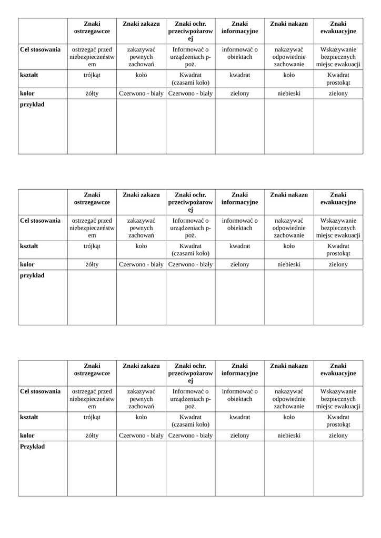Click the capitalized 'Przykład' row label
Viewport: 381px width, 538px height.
[x=33, y=447]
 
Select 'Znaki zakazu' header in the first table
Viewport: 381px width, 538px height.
[x=141, y=24]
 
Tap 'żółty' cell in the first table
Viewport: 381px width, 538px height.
[x=92, y=94]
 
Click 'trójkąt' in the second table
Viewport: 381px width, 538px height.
[x=92, y=246]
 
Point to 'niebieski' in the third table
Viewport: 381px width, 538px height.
[x=289, y=436]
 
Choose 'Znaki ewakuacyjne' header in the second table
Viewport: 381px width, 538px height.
[x=338, y=199]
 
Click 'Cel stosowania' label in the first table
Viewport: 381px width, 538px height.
[x=40, y=50]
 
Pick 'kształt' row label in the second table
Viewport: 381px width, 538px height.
[x=29, y=246]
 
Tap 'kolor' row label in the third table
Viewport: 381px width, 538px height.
[x=27, y=436]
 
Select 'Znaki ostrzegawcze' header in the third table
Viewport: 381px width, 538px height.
[x=92, y=369]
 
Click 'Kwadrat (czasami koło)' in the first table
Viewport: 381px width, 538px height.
[x=190, y=79]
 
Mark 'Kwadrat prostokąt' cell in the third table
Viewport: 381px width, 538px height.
[x=338, y=421]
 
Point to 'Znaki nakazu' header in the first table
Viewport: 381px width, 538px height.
[x=289, y=24]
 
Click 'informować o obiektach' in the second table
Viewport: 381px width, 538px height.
[x=239, y=224]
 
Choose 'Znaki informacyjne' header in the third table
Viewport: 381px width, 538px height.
[x=239, y=369]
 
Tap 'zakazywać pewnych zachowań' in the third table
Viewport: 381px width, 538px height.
[x=141, y=399]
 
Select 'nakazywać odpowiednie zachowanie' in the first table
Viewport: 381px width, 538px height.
[x=289, y=57]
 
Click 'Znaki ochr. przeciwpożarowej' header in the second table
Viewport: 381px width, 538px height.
[x=190, y=202]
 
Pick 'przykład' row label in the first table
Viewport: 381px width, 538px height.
[x=32, y=105]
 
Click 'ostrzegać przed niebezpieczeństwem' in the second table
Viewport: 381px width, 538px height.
[x=92, y=228]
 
